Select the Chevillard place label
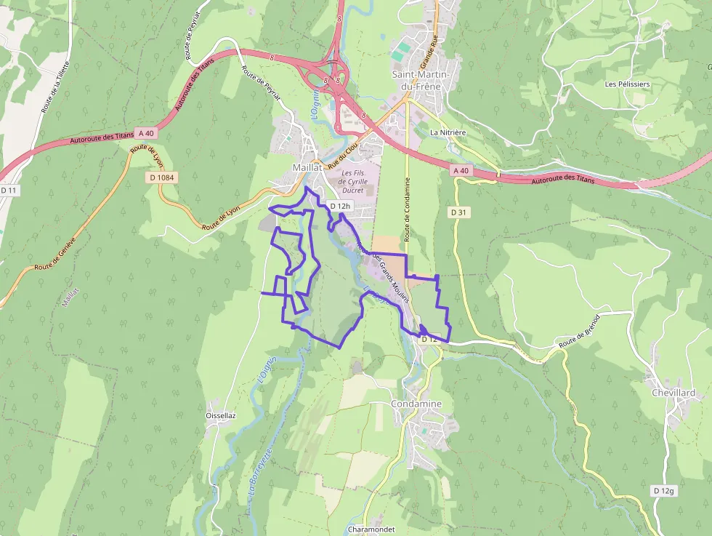[673, 393]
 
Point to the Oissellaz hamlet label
[221, 415]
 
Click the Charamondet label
[371, 529]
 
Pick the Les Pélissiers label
[627, 84]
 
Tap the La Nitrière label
[448, 132]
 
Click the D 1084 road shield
[163, 177]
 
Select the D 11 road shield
[8, 190]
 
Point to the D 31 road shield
[457, 212]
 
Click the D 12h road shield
[340, 206]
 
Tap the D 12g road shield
[663, 491]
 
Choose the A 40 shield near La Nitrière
[461, 170]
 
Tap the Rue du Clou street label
[341, 156]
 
